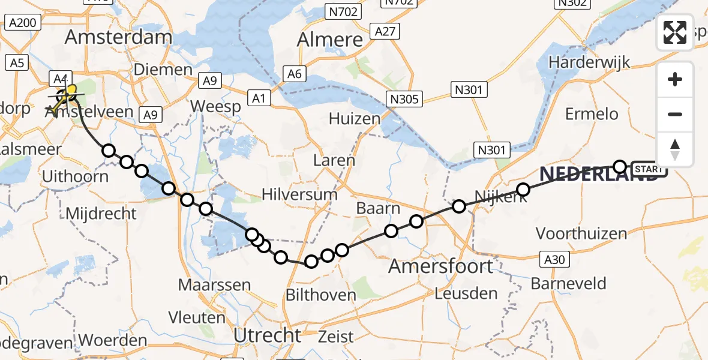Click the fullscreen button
(x=675, y=32)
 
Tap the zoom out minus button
(x=675, y=114)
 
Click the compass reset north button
(x=675, y=149)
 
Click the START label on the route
(x=648, y=170)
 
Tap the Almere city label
(x=331, y=40)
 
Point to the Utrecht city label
(x=267, y=335)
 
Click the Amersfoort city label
(x=441, y=266)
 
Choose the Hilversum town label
(x=299, y=194)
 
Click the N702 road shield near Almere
(x=342, y=11)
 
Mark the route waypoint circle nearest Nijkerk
(x=523, y=190)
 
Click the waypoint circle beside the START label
(x=620, y=167)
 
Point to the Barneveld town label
(x=571, y=283)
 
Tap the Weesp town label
(x=215, y=107)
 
